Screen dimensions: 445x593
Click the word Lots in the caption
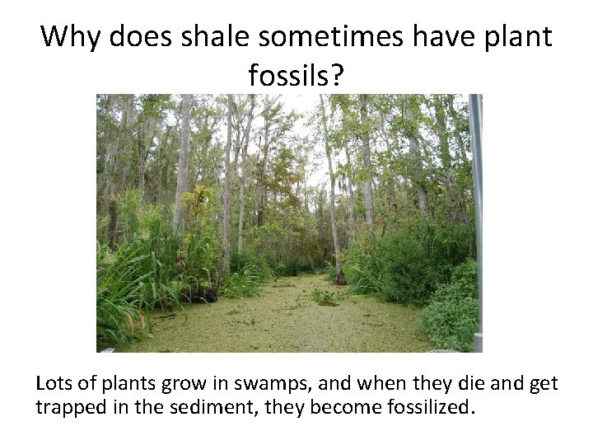tap(54, 383)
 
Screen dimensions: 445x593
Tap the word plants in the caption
tap(127, 383)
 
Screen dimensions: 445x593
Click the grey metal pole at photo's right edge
tap(476, 214)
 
